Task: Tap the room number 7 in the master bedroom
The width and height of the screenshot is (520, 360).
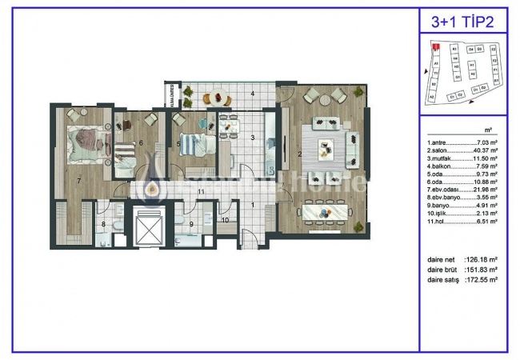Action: (78, 181)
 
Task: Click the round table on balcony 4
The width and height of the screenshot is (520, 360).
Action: (217, 98)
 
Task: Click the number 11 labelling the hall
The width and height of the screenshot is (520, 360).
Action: (201, 193)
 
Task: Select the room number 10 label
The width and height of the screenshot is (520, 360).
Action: (226, 219)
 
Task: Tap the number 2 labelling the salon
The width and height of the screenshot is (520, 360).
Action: (299, 154)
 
